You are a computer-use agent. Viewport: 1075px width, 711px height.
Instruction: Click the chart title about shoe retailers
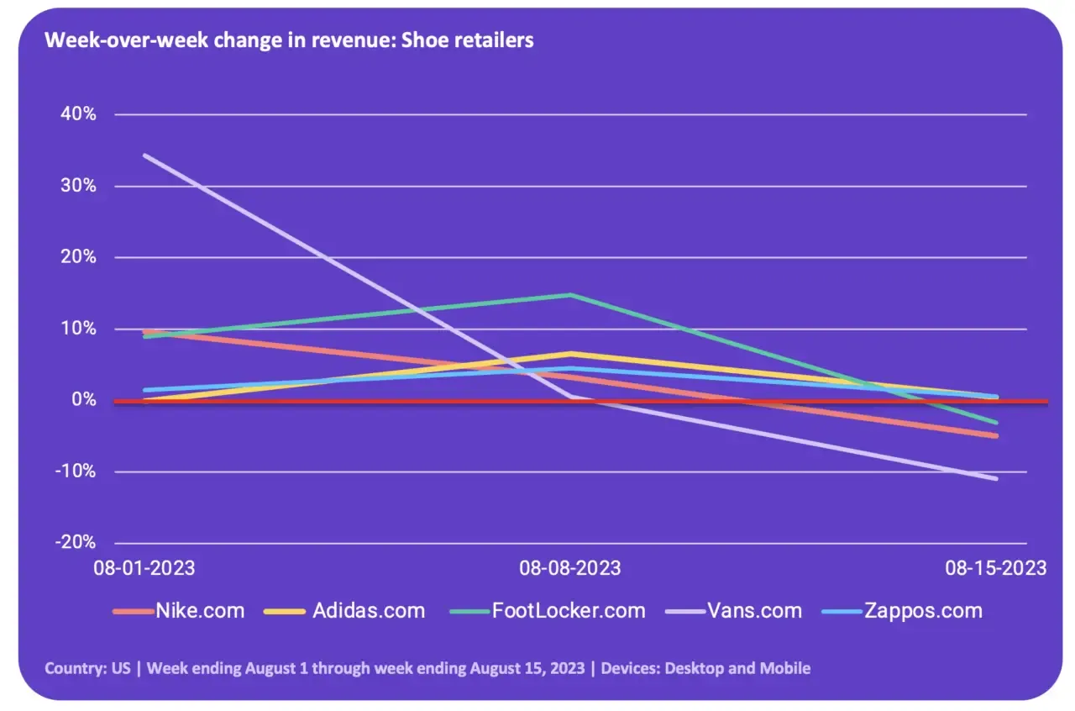point(289,40)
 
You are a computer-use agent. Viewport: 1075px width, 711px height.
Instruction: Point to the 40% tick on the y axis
point(78,114)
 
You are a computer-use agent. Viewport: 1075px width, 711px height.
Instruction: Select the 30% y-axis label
point(78,186)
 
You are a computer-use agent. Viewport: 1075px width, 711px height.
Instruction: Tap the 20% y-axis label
point(78,257)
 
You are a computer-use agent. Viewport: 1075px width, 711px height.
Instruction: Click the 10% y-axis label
point(78,329)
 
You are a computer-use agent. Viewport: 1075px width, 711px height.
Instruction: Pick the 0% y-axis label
point(84,400)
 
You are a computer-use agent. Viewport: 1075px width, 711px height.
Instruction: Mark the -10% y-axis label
point(76,471)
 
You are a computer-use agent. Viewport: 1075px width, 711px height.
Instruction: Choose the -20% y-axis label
point(76,542)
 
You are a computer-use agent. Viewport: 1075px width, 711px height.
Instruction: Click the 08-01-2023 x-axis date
point(144,568)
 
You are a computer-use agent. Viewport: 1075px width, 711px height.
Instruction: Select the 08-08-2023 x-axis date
point(570,568)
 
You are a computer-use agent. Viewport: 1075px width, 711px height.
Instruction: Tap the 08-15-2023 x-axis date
point(996,568)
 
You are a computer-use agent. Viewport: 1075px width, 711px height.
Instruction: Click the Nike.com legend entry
point(179,611)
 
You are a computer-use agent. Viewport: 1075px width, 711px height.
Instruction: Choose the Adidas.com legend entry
point(344,611)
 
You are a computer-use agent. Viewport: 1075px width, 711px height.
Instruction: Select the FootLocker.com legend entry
point(548,611)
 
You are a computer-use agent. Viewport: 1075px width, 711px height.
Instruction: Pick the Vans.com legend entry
point(734,611)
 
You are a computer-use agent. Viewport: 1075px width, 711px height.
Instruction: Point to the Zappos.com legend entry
point(902,611)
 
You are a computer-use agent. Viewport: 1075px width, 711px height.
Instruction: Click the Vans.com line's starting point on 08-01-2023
point(144,155)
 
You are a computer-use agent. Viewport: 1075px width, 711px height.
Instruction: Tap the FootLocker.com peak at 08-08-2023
point(570,294)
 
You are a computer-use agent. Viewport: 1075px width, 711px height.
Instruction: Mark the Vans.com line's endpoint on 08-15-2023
point(996,478)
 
